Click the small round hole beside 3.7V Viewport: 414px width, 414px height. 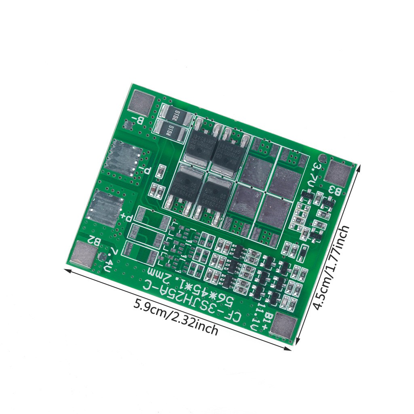tap(322, 158)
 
